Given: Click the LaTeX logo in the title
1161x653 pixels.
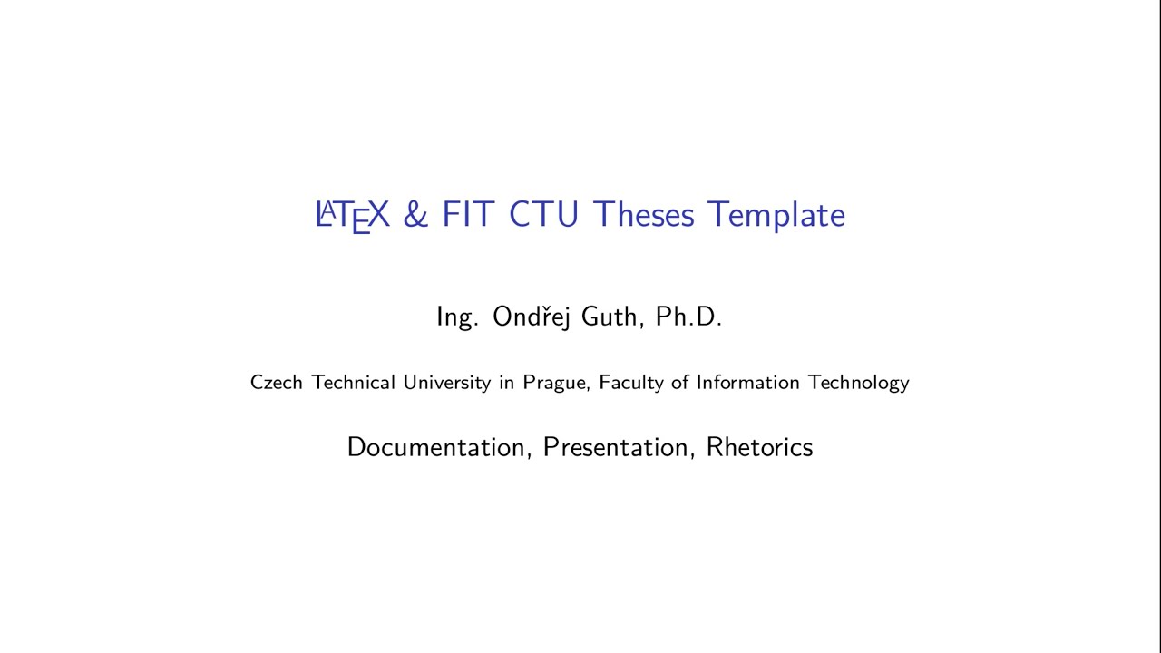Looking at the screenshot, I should pos(352,216).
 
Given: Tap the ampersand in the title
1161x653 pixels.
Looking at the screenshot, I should pos(415,215).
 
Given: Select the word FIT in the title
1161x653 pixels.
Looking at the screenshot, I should pos(467,215).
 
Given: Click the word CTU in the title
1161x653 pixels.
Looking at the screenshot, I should pos(543,215).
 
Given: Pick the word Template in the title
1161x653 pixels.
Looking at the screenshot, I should pos(776,216).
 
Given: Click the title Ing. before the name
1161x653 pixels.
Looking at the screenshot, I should pos(457,317).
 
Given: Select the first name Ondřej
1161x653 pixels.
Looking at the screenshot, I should pos(532,317).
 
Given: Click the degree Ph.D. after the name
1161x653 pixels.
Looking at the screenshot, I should pos(688,317).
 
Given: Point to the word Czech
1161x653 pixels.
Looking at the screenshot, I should pos(277,383).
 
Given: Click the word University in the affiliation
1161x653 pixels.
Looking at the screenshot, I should pos(447,383).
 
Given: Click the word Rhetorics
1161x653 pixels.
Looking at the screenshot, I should pos(759,447).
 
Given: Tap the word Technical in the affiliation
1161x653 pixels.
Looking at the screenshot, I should pos(354,383).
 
